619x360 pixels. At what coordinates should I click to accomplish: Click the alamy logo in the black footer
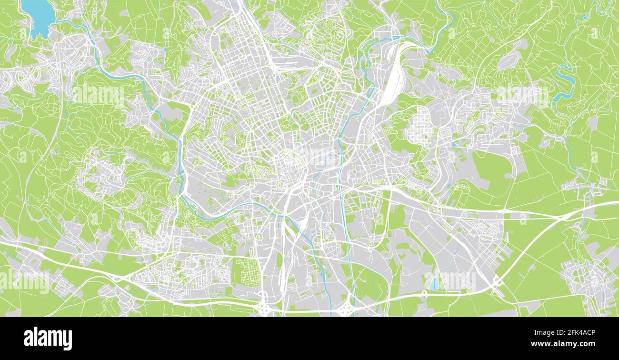[48, 338]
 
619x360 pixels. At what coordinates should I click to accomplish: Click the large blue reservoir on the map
[39, 17]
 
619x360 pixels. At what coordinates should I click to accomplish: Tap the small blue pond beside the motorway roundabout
[434, 283]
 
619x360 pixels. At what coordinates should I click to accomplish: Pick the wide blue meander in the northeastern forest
[564, 83]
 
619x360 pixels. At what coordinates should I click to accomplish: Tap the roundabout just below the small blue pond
[423, 293]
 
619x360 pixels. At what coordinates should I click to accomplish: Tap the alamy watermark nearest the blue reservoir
[98, 95]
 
